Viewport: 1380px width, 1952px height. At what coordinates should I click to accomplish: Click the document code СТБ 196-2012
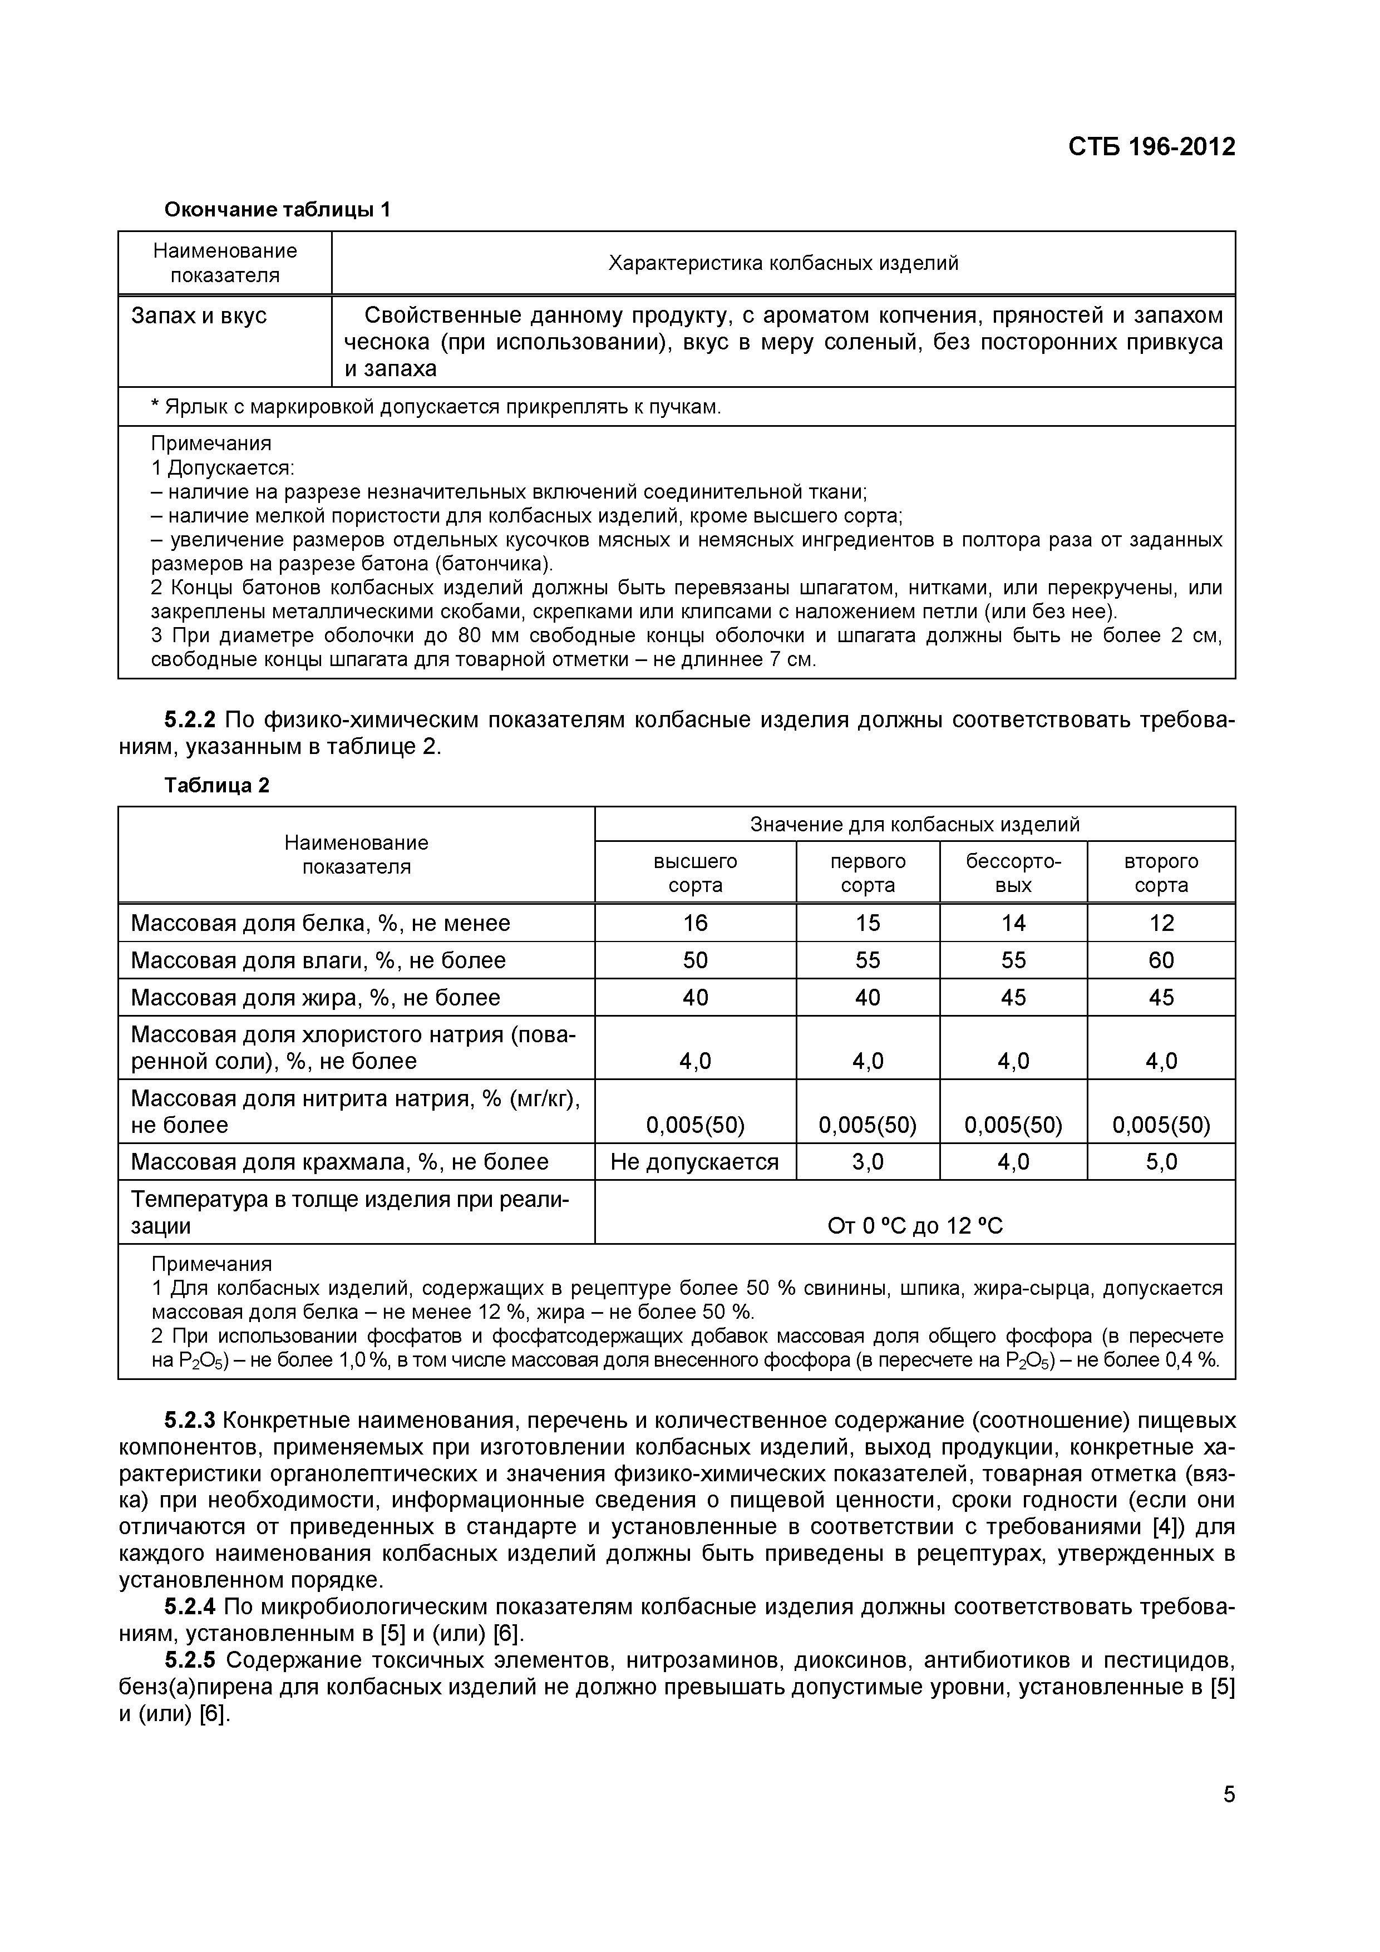coord(1151,147)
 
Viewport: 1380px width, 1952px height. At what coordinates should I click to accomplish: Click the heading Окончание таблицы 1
coord(277,209)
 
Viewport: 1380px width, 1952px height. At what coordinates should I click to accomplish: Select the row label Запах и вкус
coord(199,316)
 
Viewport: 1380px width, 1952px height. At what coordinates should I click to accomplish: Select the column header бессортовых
coord(1013,873)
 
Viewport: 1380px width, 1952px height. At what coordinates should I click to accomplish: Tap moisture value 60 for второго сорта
coord(1161,960)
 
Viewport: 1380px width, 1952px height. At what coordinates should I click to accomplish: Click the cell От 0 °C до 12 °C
coord(915,1225)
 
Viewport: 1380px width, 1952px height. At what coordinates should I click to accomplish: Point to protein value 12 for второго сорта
coord(1161,923)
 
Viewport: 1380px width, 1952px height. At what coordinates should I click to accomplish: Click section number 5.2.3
coord(190,1421)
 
